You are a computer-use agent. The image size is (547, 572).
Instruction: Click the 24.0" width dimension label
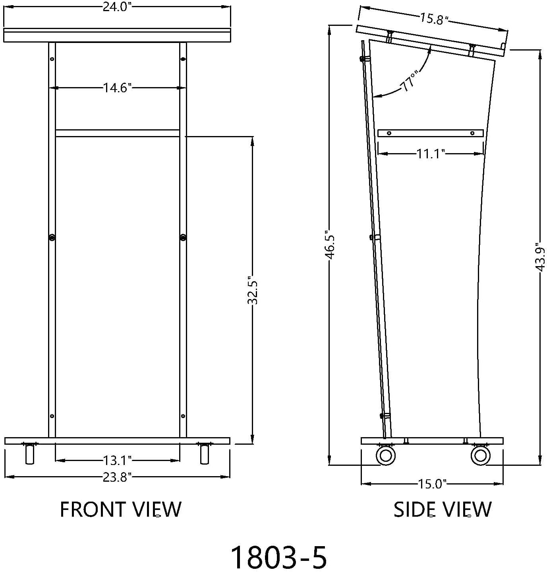pyautogui.click(x=117, y=7)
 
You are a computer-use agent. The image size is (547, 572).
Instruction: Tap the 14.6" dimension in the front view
pyautogui.click(x=117, y=88)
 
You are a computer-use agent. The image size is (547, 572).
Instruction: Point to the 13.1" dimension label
pyautogui.click(x=117, y=460)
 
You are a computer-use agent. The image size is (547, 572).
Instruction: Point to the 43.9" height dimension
pyautogui.click(x=540, y=257)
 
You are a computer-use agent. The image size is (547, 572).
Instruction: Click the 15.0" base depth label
pyautogui.click(x=432, y=484)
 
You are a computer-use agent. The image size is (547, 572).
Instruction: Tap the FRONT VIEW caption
pyautogui.click(x=121, y=510)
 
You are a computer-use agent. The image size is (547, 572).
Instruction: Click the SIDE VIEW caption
pyautogui.click(x=443, y=510)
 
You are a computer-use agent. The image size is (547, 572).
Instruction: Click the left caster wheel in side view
pyautogui.click(x=386, y=455)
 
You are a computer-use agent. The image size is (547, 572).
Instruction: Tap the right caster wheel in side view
pyautogui.click(x=480, y=455)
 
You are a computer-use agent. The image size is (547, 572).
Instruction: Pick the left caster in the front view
pyautogui.click(x=29, y=454)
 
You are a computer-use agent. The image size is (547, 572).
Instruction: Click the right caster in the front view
pyautogui.click(x=205, y=454)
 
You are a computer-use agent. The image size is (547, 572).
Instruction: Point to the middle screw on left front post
pyautogui.click(x=52, y=237)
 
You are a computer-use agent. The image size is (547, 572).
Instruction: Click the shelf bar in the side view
pyautogui.click(x=431, y=133)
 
